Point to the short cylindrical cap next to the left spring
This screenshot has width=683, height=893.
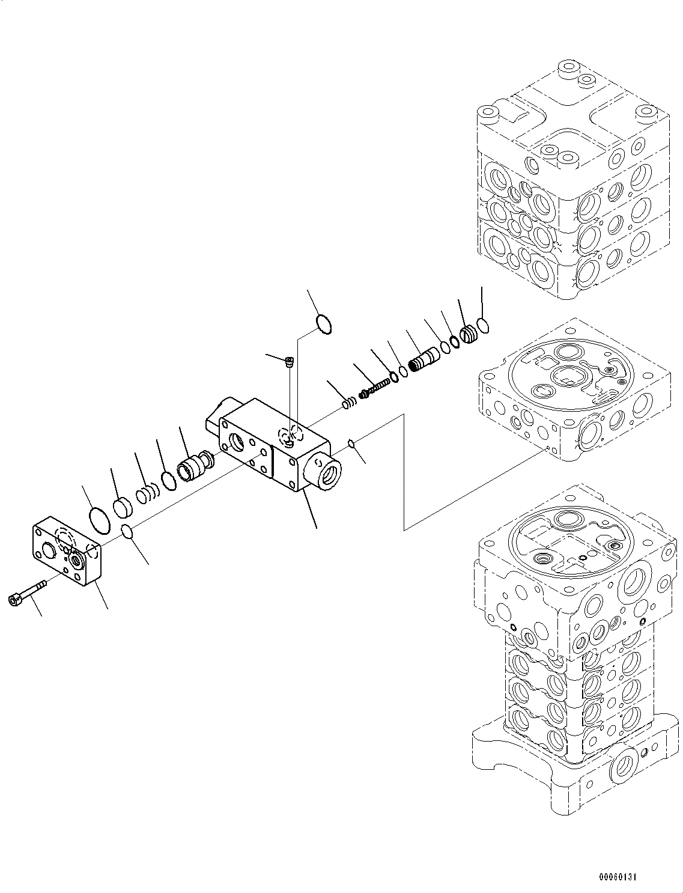click(x=123, y=506)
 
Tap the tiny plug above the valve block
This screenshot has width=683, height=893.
click(x=289, y=362)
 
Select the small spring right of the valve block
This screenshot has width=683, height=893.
click(x=349, y=404)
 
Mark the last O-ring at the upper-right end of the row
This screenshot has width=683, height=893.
click(x=482, y=325)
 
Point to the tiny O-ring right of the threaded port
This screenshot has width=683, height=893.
click(x=351, y=444)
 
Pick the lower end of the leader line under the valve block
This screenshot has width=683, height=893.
click(x=317, y=528)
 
